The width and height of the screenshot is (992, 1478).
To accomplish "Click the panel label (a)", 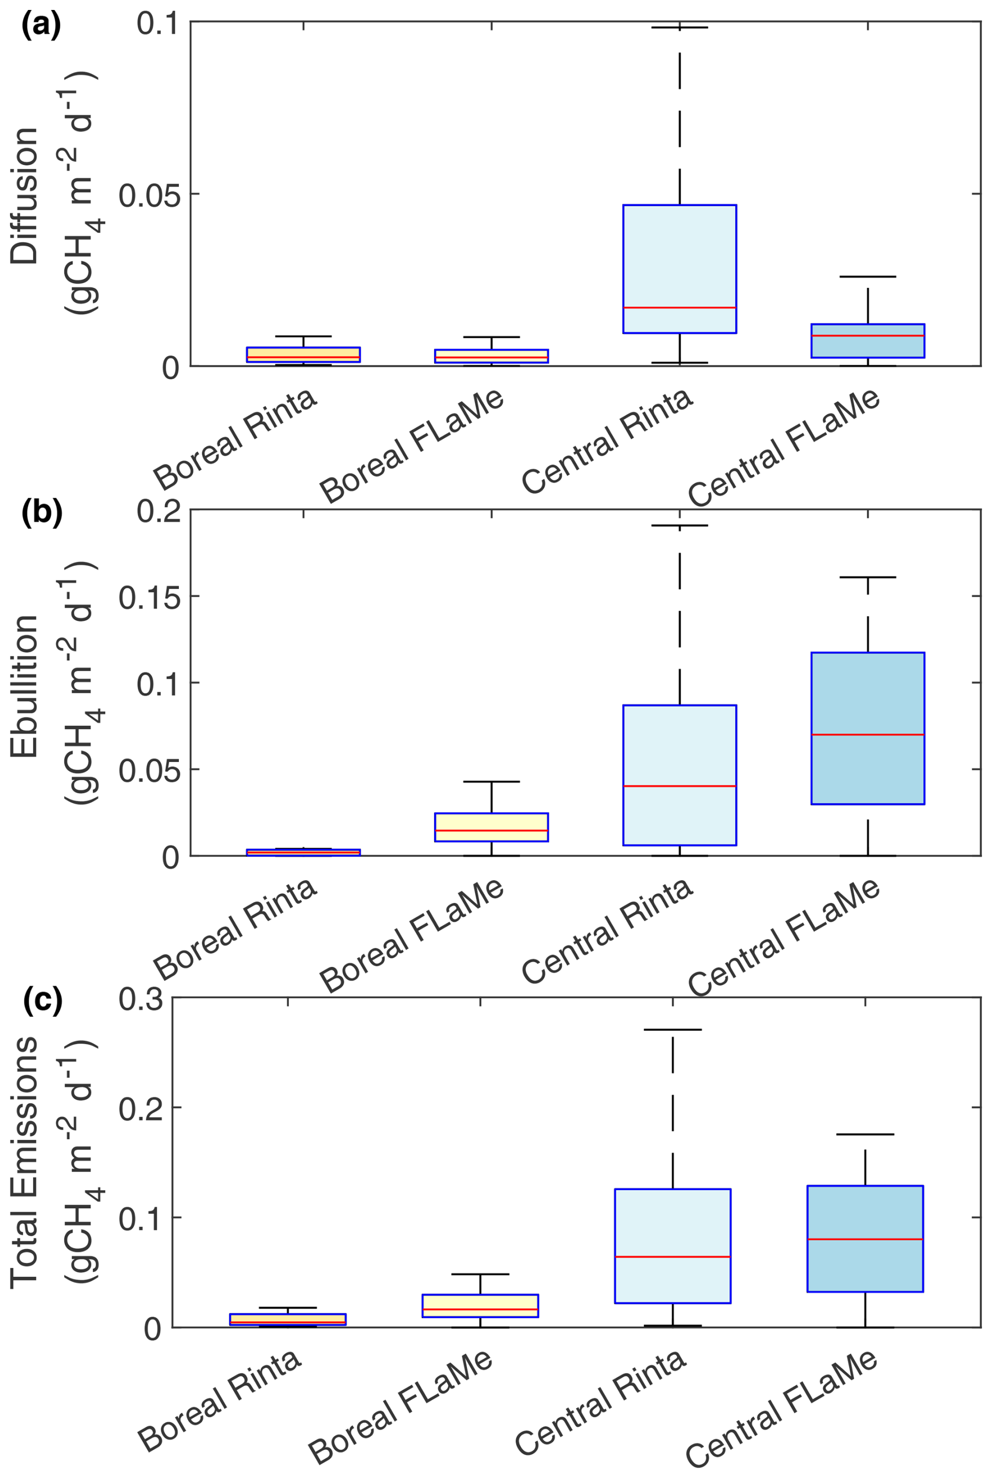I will (41, 27).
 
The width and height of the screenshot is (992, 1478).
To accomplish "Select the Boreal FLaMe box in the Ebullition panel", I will (491, 826).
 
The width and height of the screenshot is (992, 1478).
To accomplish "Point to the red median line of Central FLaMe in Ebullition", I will (867, 735).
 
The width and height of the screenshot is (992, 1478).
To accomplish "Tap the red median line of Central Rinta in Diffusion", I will (680, 307).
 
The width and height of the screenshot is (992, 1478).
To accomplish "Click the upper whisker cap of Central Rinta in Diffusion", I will (680, 28).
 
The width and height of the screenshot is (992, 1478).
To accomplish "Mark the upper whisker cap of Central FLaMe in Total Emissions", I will (865, 1135).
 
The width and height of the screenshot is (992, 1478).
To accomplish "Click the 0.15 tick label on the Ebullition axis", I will (149, 597).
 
